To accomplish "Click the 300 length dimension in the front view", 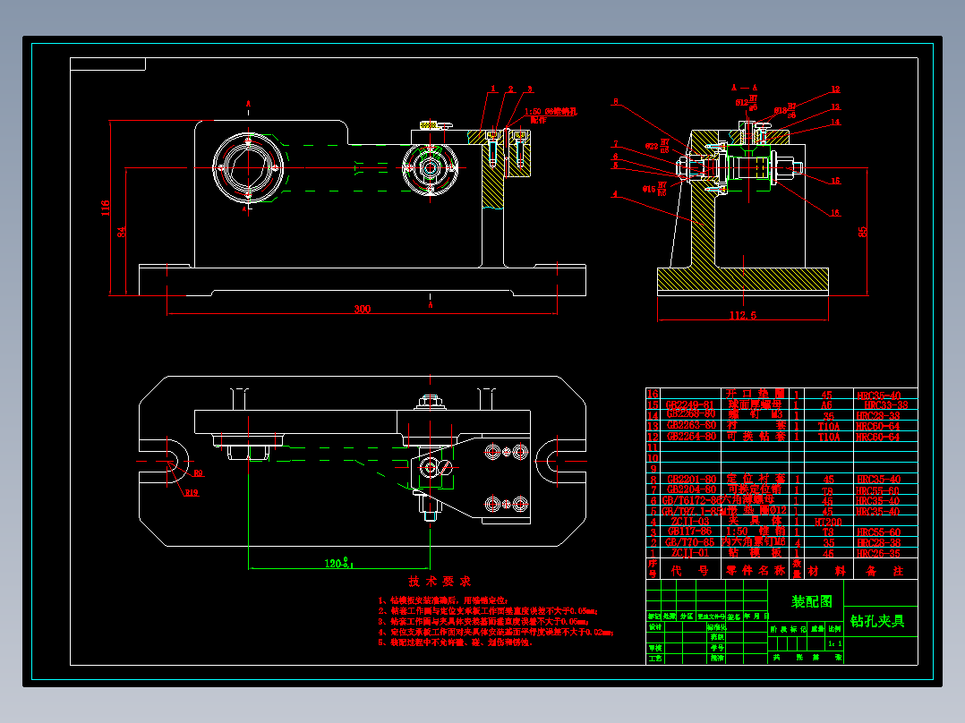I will tap(362, 309).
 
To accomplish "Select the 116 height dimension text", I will tap(106, 208).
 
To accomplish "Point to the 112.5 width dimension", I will tap(743, 315).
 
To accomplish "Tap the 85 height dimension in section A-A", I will tap(862, 231).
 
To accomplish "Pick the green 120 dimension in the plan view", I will tap(338, 565).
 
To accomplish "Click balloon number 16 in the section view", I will tap(834, 212).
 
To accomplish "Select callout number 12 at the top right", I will tap(834, 89).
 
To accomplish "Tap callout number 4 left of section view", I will tap(615, 193).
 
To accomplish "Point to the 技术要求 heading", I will tap(433, 582).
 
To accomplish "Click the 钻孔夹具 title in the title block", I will tap(877, 620).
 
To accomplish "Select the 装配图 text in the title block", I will tap(812, 601).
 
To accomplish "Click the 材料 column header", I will tap(824, 570).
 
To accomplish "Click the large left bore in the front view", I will tap(248, 167).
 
